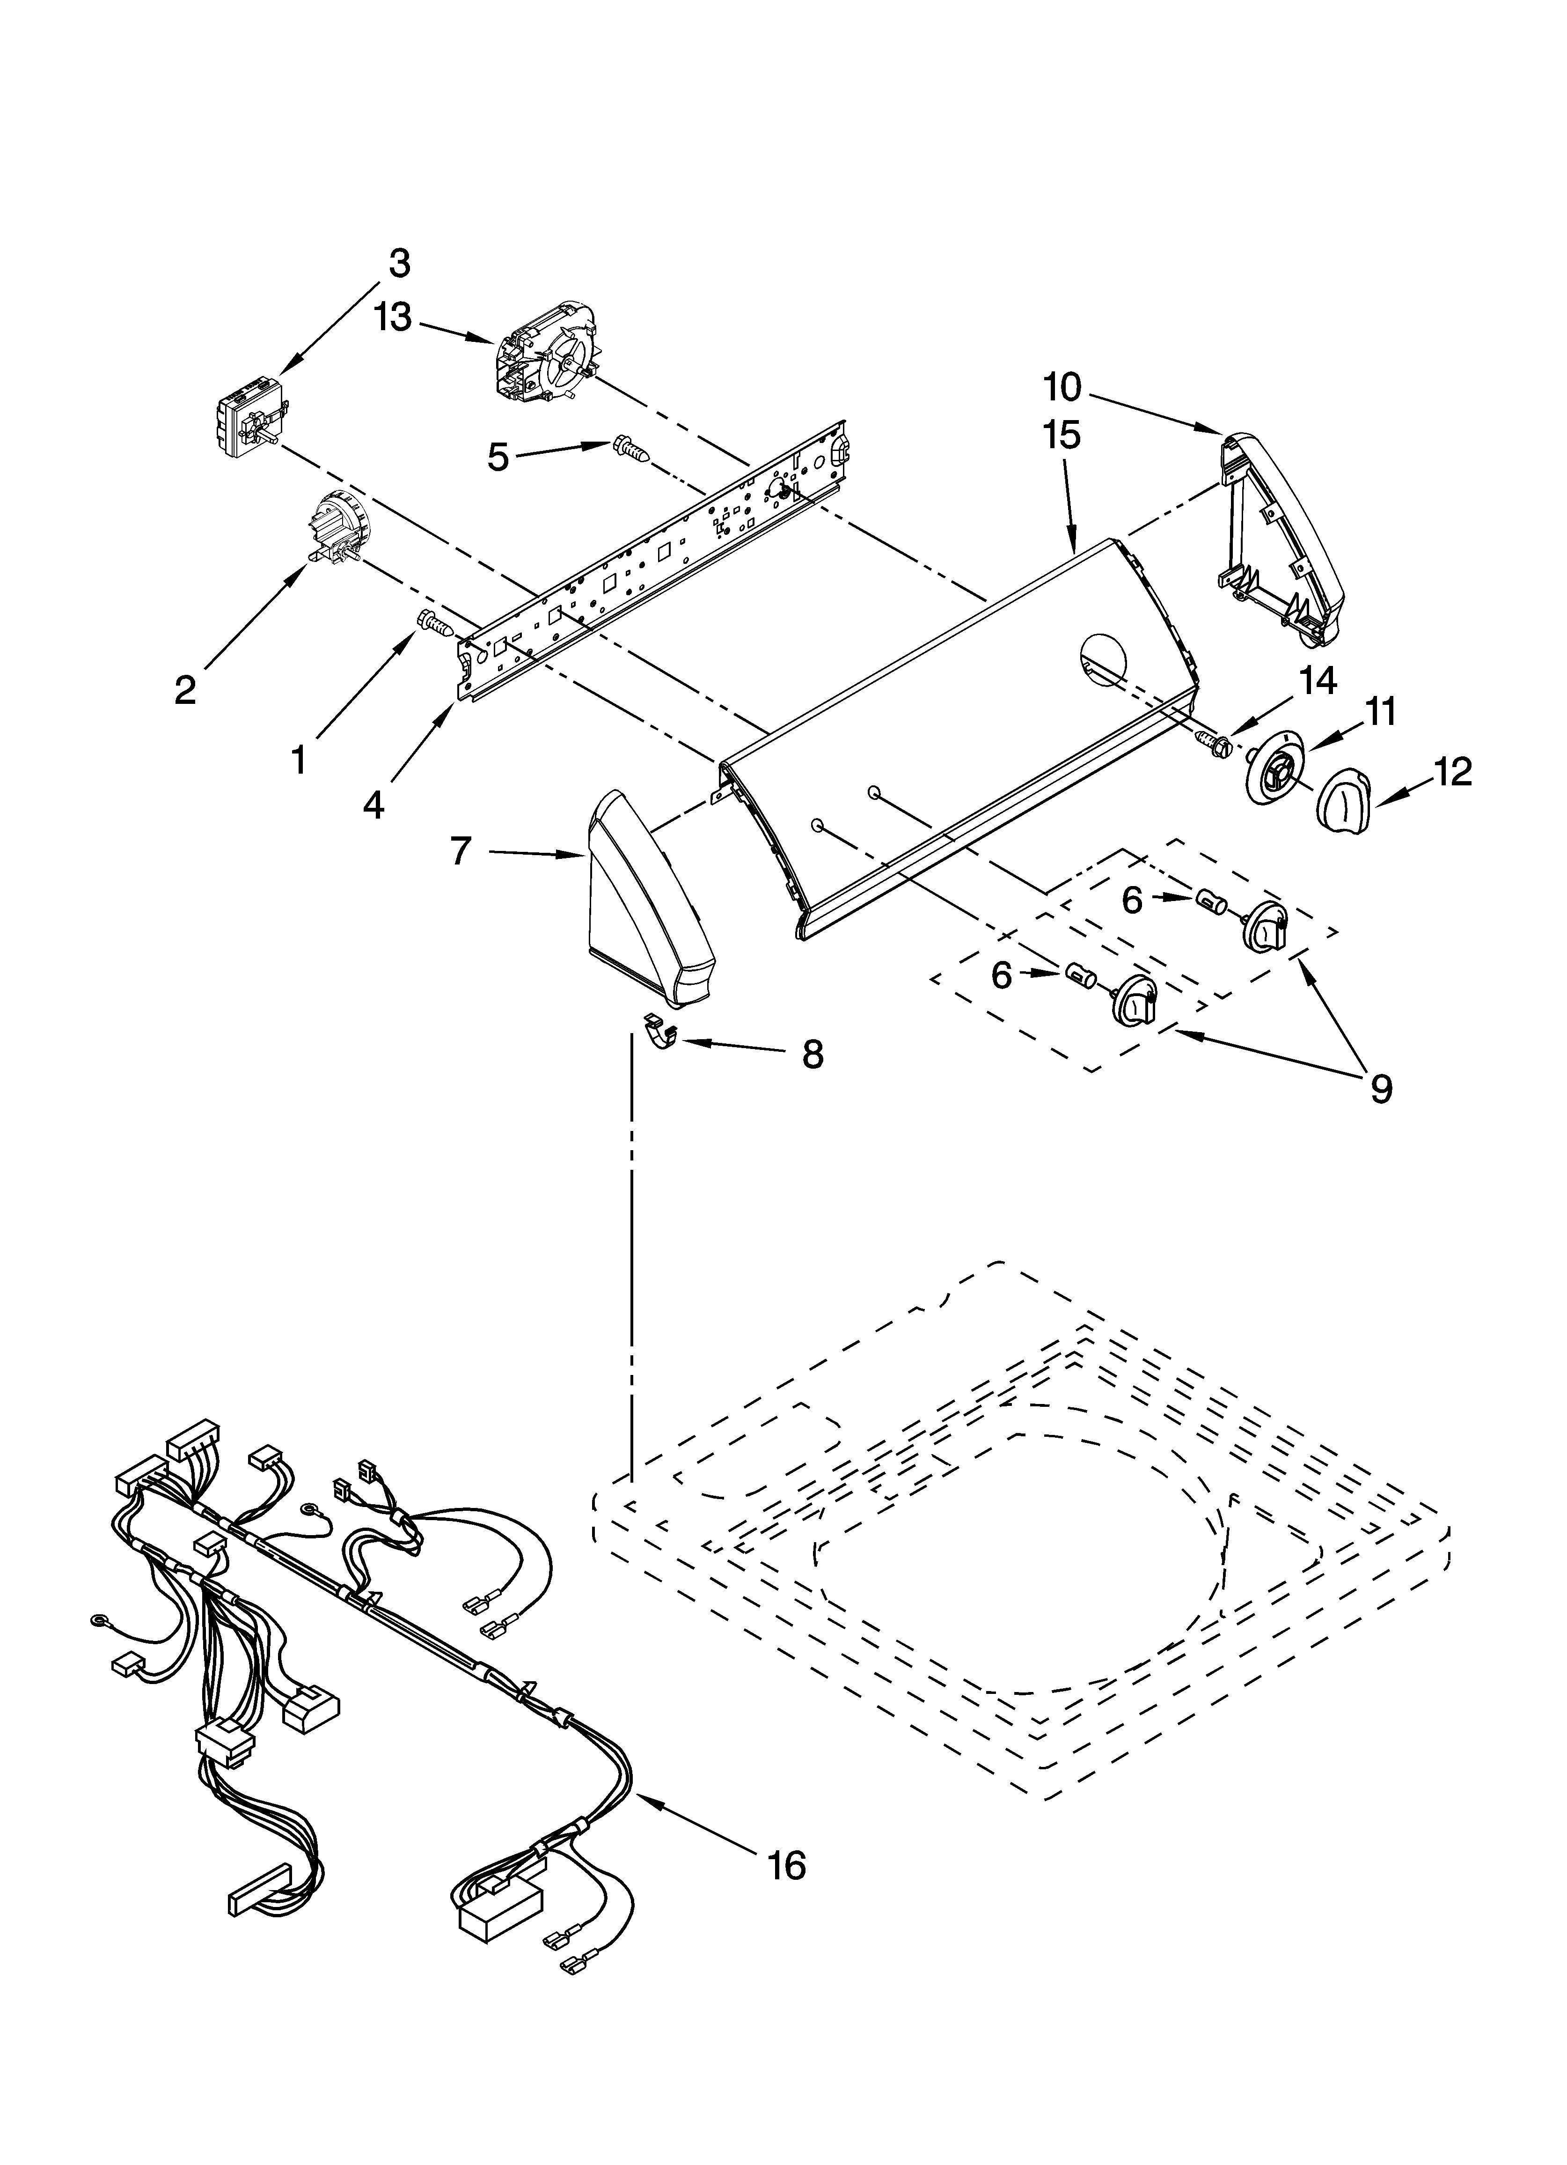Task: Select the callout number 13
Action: [x=392, y=319]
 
